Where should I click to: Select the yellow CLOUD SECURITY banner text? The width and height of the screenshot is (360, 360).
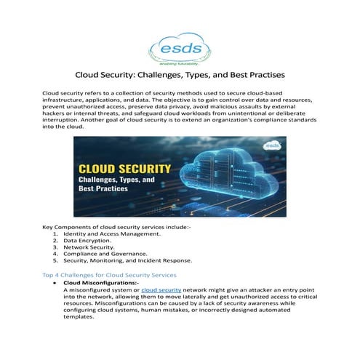coord(124,169)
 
